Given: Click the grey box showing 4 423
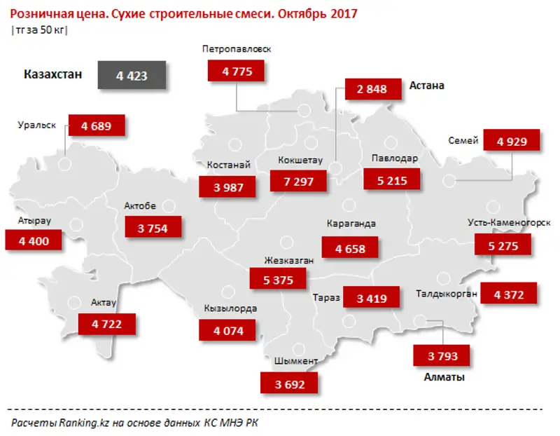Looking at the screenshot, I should click(132, 76).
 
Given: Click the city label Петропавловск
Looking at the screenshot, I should click(236, 48).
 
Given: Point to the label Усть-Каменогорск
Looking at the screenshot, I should click(509, 223).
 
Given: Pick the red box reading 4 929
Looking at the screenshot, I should click(513, 141).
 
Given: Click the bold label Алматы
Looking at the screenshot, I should click(444, 377).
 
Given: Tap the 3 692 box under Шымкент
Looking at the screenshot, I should click(288, 383).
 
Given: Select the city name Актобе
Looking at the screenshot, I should click(140, 205).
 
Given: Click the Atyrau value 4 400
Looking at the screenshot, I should click(34, 240).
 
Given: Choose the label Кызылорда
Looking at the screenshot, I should click(230, 308).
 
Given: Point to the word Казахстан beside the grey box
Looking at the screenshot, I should click(52, 75).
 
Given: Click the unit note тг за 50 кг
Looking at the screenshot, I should click(40, 29).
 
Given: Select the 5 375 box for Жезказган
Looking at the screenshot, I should click(278, 279).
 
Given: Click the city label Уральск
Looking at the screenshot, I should click(36, 125).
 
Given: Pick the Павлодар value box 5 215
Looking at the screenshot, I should click(392, 180).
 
